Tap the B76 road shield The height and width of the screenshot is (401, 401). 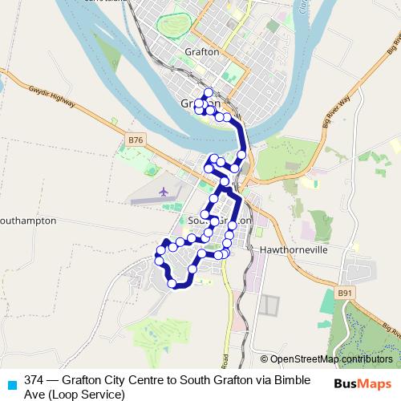pos(136,140)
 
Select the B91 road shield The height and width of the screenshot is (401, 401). pos(346,294)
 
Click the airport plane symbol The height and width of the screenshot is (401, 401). pos(164,192)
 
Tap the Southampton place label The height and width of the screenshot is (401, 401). pos(28,219)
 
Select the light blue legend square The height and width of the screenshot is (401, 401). pos(10,382)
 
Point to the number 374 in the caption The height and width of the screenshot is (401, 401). pos(34,379)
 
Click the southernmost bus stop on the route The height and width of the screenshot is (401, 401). pos(172,283)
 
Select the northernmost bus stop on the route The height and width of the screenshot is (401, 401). pos(208,92)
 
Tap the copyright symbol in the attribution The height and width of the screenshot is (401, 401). pos(264,358)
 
